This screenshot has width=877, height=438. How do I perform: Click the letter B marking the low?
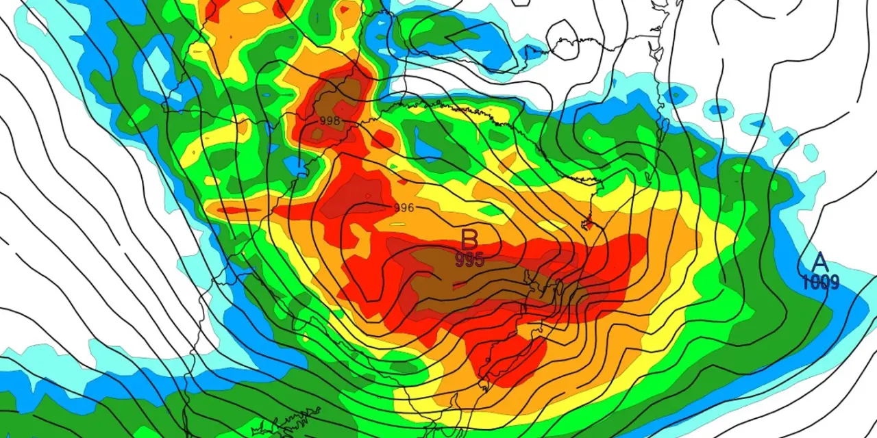pos(469,240)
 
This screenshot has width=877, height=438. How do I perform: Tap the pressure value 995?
pos(469,259)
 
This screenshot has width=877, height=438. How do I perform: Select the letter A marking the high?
pos(819,262)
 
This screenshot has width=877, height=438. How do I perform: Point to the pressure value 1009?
pos(820,281)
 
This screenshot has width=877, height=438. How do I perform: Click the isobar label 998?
pos(330,120)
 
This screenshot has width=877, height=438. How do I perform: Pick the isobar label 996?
pos(404,207)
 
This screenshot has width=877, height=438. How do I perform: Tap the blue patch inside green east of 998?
pos(428,147)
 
